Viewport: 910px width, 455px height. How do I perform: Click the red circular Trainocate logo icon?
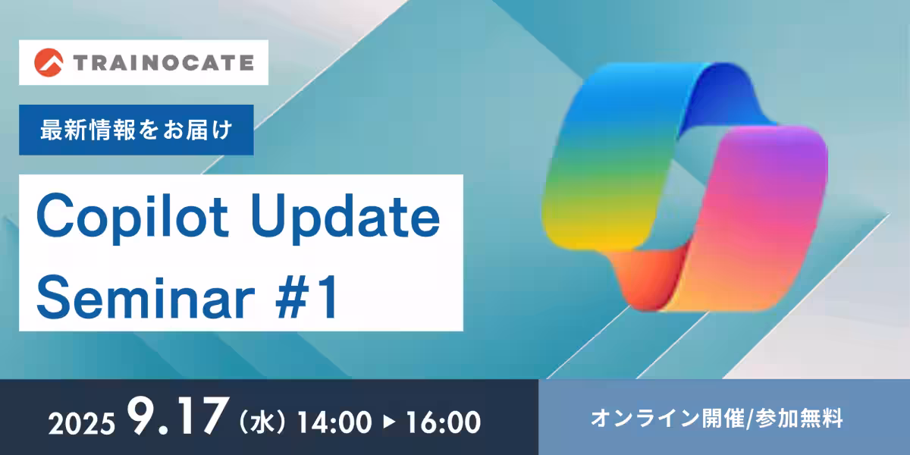coord(49,62)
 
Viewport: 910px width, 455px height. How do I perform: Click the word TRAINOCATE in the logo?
coord(164,62)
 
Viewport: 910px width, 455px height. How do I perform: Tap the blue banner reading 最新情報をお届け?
coord(136,130)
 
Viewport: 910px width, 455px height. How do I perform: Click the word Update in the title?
coord(345,218)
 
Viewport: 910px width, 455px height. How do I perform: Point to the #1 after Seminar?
coord(306,297)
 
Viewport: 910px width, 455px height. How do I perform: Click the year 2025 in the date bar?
coord(82,424)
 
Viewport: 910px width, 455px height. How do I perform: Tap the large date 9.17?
coord(176,416)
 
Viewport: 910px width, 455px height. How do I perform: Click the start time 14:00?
coord(334,422)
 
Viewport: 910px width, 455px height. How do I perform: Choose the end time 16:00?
coord(443,422)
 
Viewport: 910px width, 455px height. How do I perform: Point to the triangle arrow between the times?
coord(389,422)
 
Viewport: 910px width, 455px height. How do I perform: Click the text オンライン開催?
coord(667,418)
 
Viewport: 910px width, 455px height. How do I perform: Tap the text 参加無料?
coord(799,418)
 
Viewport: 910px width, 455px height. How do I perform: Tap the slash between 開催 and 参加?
coord(750,419)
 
